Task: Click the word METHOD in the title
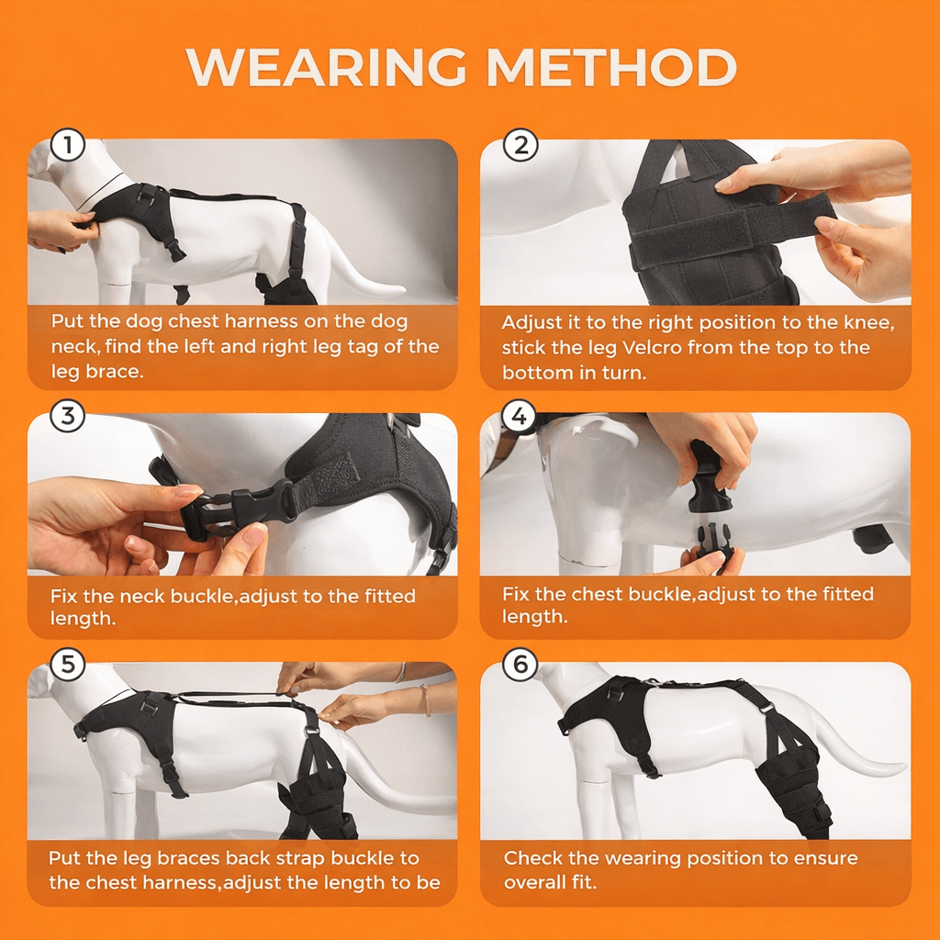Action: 611,68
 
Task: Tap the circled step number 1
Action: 67,146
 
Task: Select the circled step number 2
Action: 520,146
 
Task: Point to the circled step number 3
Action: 67,417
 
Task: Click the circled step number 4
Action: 520,417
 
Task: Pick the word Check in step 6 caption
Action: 533,858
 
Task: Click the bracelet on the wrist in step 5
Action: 425,699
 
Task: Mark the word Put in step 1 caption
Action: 66,321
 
